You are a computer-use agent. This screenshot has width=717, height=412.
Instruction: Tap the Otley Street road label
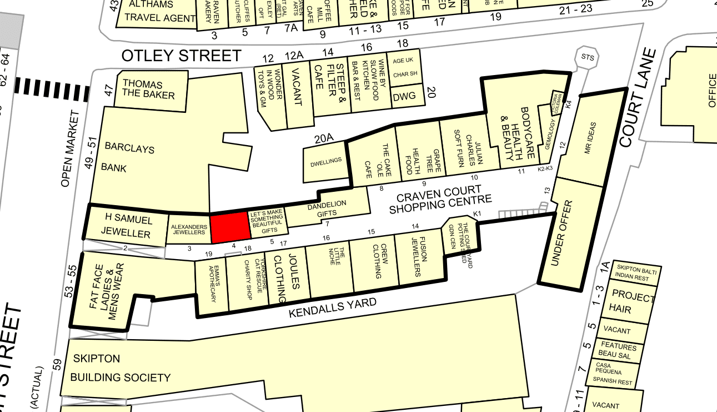182,56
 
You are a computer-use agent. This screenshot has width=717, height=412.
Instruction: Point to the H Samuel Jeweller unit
126,227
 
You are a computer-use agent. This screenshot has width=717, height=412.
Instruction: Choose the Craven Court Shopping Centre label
440,200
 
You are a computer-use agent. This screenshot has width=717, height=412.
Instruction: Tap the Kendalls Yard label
332,308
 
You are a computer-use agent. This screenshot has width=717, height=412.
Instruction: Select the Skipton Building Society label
120,368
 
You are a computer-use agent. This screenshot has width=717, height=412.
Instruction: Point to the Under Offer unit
570,233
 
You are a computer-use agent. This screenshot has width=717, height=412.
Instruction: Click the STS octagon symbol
587,57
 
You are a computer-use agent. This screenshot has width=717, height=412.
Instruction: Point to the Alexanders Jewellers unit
188,230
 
